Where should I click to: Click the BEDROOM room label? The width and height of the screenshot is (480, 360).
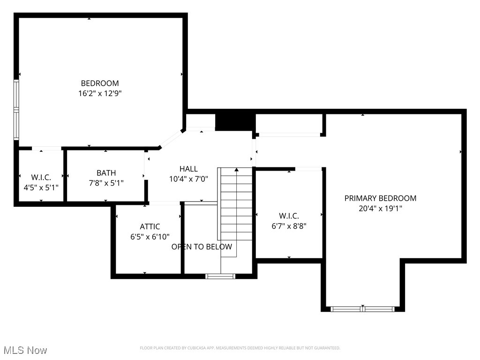(100, 83)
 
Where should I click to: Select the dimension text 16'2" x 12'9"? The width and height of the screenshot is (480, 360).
(100, 93)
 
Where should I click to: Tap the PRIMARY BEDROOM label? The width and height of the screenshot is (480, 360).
(380, 198)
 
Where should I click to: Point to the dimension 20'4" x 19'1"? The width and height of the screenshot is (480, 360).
(380, 209)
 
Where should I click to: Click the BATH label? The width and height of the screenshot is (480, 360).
(106, 173)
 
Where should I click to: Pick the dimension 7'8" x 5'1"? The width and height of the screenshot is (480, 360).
(106, 183)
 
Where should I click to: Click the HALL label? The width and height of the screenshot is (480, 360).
(188, 169)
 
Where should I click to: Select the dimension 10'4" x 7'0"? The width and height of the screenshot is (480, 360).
(188, 179)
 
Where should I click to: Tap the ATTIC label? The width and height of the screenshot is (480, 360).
(150, 227)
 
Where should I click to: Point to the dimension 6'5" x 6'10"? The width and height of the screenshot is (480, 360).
(150, 237)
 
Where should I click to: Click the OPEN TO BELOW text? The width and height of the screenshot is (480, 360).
(202, 247)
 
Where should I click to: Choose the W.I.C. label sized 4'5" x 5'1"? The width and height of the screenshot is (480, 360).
(41, 177)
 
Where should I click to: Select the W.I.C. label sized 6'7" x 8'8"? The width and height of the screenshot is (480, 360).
(289, 216)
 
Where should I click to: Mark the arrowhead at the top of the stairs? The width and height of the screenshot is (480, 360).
(236, 170)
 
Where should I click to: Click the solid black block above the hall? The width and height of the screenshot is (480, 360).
(235, 121)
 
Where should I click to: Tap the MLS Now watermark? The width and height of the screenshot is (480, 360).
(25, 350)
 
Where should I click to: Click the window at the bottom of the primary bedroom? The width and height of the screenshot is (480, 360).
(362, 309)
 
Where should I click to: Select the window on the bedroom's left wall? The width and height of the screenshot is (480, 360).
(16, 110)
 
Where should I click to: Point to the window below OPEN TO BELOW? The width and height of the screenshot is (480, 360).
(220, 276)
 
